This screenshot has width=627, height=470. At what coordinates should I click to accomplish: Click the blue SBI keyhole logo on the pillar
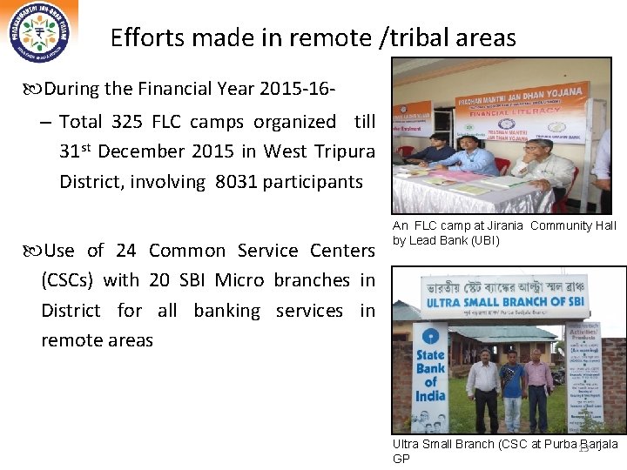pyautogui.click(x=430, y=335)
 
